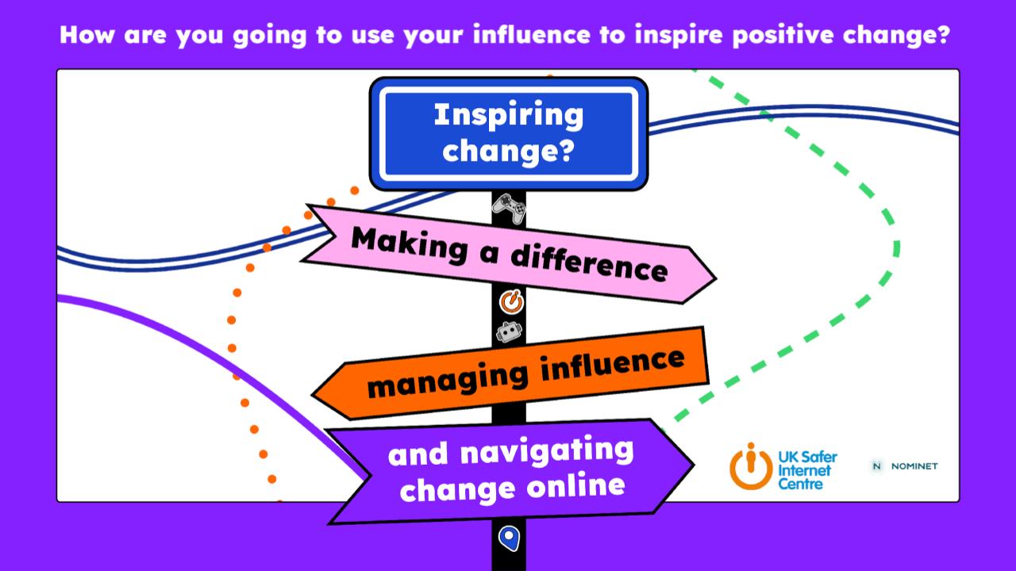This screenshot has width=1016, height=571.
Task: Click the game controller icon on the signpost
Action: click(x=509, y=208)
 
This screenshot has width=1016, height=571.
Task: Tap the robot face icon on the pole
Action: click(x=509, y=332)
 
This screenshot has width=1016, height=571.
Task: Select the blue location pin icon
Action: click(x=509, y=538)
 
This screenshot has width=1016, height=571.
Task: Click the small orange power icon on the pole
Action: click(x=512, y=302)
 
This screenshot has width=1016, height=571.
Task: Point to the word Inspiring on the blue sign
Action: click(x=509, y=115)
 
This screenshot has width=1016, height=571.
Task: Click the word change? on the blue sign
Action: click(x=509, y=151)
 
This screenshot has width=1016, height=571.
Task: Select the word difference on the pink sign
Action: click(x=589, y=265)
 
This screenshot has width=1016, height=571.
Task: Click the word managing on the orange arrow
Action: click(x=448, y=380)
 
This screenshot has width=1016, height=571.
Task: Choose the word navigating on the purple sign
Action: click(x=547, y=451)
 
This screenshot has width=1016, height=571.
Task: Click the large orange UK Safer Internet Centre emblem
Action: click(x=751, y=467)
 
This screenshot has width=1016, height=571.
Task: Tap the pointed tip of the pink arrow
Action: click(x=716, y=278)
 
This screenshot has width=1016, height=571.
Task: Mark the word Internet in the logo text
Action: click(x=804, y=470)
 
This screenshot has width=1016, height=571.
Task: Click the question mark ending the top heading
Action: click(x=942, y=34)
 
